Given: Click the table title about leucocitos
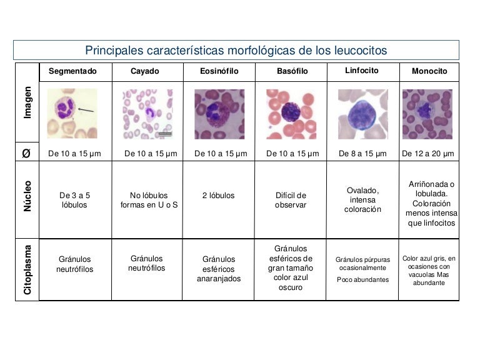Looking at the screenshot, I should [x=236, y=50].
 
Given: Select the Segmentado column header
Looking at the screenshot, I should [x=73, y=71].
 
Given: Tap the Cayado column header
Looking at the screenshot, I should [x=144, y=71].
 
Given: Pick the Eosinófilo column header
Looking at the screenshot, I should [x=219, y=71].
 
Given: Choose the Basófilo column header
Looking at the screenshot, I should [x=292, y=71].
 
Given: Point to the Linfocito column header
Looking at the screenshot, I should [x=362, y=71].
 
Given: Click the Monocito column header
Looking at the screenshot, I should [x=429, y=71].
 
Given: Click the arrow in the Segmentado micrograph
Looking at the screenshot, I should [x=87, y=111].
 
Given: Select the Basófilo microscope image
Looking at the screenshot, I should [x=291, y=114].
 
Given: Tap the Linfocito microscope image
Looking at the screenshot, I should [x=362, y=114].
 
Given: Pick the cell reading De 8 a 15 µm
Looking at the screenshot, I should [x=362, y=153].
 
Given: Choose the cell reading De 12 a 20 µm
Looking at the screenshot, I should [x=428, y=153].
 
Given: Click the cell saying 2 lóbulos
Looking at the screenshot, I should [x=219, y=196].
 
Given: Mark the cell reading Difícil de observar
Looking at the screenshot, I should [x=291, y=200].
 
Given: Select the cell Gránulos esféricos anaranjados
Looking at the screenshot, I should [x=219, y=269].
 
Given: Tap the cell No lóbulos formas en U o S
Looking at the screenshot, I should [x=149, y=200].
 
